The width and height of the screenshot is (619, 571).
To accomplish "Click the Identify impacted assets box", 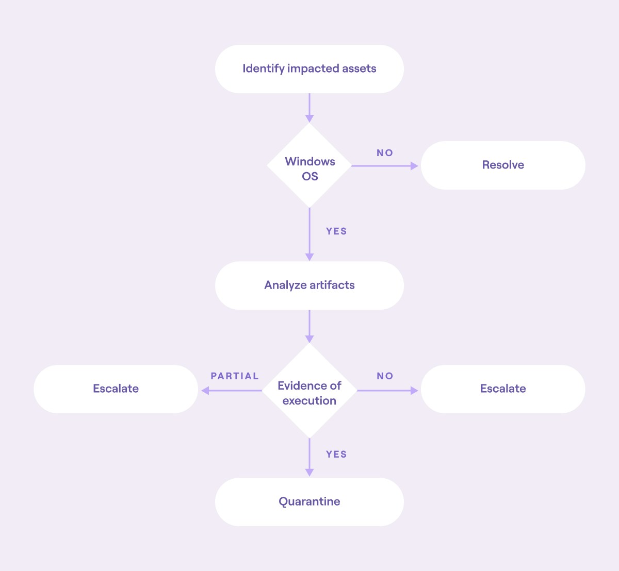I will [x=309, y=69].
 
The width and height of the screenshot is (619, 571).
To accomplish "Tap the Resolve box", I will [x=503, y=165].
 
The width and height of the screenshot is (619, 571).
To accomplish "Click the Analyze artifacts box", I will [x=309, y=285].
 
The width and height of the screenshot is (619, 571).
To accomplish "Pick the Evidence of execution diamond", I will [x=309, y=391].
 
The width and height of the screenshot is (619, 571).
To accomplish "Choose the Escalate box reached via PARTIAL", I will [x=116, y=389].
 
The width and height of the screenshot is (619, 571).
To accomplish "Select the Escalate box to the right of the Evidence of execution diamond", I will [x=503, y=389].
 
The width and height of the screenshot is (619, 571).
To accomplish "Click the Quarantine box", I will [x=309, y=502].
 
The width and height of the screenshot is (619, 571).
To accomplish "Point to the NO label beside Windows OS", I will [x=385, y=153].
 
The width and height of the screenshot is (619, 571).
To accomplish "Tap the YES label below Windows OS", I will [x=336, y=231].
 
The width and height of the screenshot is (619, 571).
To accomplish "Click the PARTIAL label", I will [x=235, y=376].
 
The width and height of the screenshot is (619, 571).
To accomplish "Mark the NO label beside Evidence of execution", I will [x=385, y=376].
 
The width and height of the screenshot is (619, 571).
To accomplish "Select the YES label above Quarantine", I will [x=336, y=455].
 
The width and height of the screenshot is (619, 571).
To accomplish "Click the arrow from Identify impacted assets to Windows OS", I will [x=309, y=108].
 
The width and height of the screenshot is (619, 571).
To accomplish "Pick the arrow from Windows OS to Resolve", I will [x=384, y=166].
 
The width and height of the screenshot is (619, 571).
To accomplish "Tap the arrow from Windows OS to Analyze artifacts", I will [x=309, y=234].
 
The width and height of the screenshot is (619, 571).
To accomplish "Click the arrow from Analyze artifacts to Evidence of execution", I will [x=309, y=326].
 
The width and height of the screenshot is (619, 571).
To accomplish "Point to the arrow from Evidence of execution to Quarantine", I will [x=309, y=458].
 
